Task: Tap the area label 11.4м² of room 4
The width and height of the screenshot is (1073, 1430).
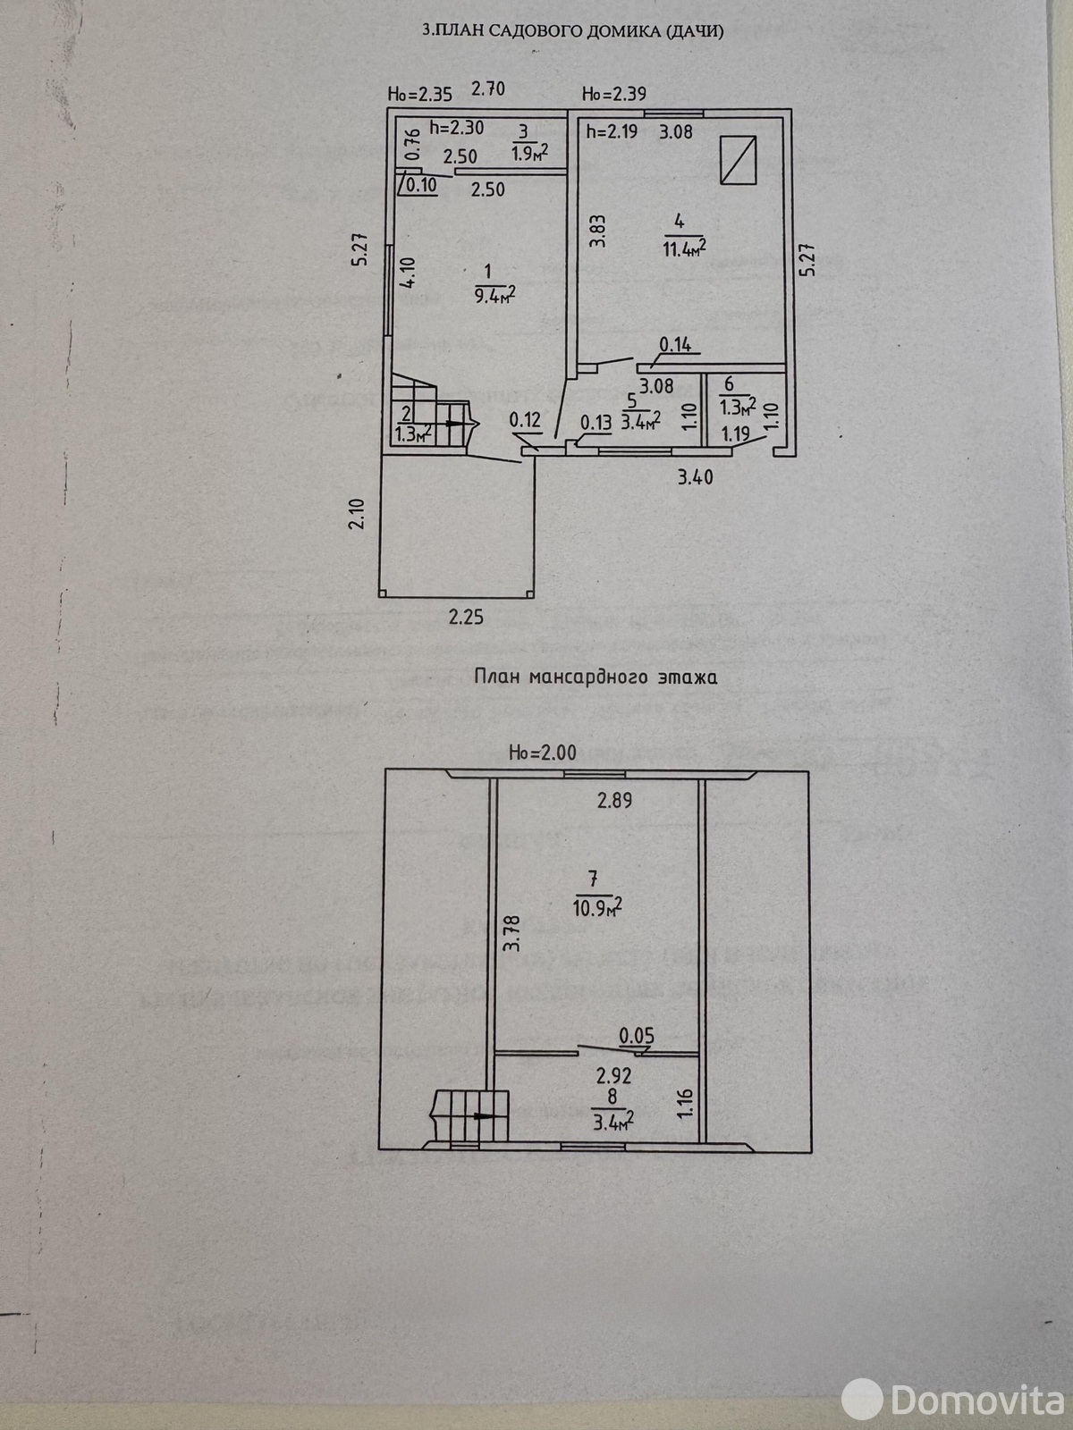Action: click(684, 248)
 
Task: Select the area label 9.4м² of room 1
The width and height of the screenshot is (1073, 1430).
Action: click(498, 294)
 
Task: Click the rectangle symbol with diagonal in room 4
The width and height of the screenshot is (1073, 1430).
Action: click(739, 159)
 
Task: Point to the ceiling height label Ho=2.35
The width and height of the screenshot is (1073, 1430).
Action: click(419, 93)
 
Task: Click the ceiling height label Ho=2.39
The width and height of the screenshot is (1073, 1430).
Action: click(613, 93)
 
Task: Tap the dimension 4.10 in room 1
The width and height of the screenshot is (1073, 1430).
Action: click(408, 273)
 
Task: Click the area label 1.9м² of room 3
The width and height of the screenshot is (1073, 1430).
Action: click(529, 153)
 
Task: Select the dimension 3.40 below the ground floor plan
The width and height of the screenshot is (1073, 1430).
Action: click(695, 477)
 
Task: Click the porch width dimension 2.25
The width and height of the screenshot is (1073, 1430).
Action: click(466, 617)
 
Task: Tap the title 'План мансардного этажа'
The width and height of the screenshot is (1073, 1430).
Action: click(595, 677)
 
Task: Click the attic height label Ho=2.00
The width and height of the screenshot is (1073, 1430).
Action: click(543, 753)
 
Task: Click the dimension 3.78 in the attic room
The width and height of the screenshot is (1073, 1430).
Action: click(511, 933)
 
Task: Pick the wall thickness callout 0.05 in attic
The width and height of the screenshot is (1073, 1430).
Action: click(636, 1036)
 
